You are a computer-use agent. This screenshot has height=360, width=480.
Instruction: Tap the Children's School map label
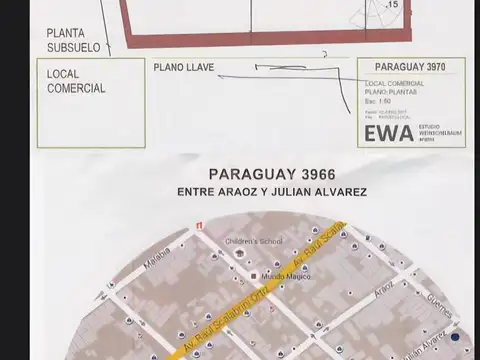tap(255, 241)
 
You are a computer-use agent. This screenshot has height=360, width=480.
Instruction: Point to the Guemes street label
tap(415, 300)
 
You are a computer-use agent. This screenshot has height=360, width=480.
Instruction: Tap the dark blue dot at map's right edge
tap(456, 337)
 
